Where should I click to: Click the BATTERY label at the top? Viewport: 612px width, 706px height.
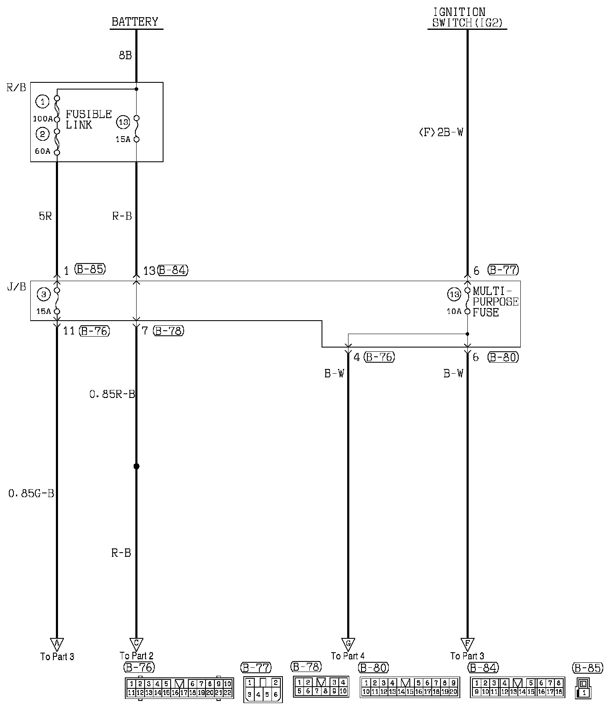135,21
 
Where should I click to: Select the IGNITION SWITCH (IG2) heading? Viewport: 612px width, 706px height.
467,18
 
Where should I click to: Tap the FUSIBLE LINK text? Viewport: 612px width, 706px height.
89,119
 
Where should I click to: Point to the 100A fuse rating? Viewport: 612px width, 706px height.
43,119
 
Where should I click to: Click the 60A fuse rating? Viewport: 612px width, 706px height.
42,151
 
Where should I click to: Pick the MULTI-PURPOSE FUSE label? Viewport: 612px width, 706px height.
496,301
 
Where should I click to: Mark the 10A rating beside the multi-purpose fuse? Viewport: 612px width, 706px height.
454,311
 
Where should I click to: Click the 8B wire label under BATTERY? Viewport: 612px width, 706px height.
125,55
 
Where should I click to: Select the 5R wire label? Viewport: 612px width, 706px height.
45,216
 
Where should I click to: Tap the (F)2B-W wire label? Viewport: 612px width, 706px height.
441,132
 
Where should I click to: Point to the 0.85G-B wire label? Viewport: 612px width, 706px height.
31,493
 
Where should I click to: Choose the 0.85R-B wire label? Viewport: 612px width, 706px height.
112,394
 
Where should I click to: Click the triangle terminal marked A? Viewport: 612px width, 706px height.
57,643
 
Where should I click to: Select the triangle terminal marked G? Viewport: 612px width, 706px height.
348,643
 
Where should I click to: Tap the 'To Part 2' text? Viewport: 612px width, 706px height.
136,656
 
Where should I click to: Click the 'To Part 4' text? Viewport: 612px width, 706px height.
348,656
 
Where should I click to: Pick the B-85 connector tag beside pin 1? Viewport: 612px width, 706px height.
90,269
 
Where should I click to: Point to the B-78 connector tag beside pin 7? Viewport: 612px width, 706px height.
169,331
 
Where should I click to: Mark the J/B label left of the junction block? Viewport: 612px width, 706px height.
16,287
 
